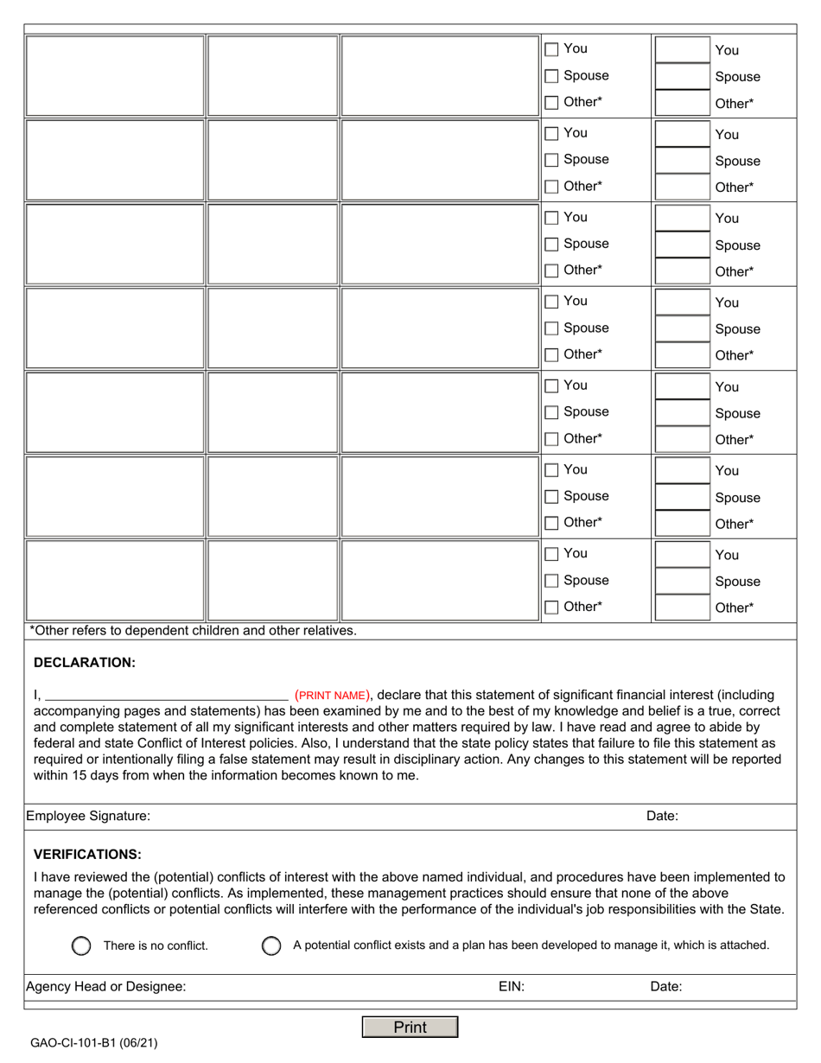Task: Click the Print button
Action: point(410,1027)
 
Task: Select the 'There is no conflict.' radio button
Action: point(81,945)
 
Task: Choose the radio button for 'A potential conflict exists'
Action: point(270,945)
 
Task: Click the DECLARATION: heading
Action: point(84,663)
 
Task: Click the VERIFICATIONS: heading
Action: point(87,854)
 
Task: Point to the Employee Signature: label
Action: point(88,816)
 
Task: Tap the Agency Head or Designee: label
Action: point(105,986)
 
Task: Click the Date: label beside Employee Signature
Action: point(662,816)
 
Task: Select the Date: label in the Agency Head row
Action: point(665,986)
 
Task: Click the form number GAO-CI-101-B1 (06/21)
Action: point(94,1043)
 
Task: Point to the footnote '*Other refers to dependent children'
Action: point(193,631)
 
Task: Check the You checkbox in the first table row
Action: point(552,49)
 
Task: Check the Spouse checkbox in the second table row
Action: point(552,160)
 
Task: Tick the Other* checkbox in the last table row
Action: point(552,607)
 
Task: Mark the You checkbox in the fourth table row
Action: point(552,302)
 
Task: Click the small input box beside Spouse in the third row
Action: point(681,245)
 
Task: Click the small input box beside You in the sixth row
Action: point(681,470)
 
